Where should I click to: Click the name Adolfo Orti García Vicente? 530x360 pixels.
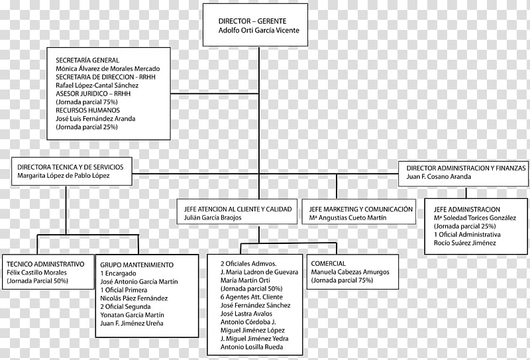pyautogui.click(x=258, y=30)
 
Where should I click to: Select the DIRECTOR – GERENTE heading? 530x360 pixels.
pyautogui.click(x=252, y=21)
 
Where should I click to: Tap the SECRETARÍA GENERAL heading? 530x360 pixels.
pyautogui.click(x=87, y=60)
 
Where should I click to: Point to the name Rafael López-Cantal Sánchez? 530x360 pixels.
pyautogui.click(x=97, y=86)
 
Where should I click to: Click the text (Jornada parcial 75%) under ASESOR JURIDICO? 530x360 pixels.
pyautogui.click(x=87, y=102)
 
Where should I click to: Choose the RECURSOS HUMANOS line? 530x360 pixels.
pyautogui.click(x=88, y=110)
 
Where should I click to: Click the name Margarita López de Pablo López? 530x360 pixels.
pyautogui.click(x=64, y=176)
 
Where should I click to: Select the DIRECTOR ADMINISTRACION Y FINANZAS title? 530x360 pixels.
pyautogui.click(x=466, y=168)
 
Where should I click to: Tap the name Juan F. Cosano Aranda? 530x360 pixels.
pyautogui.click(x=439, y=176)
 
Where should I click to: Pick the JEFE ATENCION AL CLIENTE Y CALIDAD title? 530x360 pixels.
pyautogui.click(x=238, y=209)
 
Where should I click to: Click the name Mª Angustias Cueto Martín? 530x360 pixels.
pyautogui.click(x=347, y=218)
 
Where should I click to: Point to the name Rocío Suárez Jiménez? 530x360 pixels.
pyautogui.click(x=465, y=243)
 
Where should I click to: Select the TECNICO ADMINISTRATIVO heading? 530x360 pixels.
pyautogui.click(x=46, y=264)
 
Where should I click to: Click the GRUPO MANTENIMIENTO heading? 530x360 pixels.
pyautogui.click(x=137, y=265)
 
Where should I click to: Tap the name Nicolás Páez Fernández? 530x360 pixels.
pyautogui.click(x=134, y=298)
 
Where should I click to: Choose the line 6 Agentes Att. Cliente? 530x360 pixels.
pyautogui.click(x=252, y=297)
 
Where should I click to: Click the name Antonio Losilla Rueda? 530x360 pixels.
pyautogui.click(x=252, y=347)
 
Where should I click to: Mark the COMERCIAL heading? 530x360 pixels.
pyautogui.click(x=328, y=263)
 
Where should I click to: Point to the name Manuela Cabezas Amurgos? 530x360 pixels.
pyautogui.click(x=350, y=272)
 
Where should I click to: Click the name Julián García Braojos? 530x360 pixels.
pyautogui.click(x=213, y=217)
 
